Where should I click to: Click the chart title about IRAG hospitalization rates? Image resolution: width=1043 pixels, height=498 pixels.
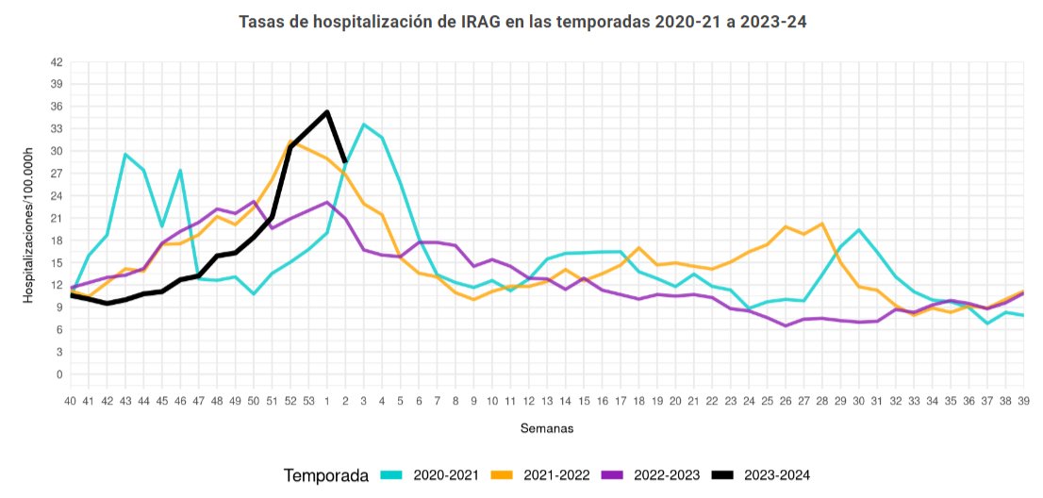tap(521, 21)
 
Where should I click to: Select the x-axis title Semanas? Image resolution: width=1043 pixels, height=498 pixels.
tap(546, 428)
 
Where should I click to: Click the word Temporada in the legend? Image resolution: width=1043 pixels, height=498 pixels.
tap(326, 476)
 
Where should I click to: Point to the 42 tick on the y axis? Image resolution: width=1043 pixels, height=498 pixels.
tap(56, 62)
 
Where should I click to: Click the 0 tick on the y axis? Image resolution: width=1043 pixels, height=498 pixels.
tap(59, 374)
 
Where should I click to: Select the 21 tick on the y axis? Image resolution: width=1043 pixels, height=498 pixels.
tap(56, 218)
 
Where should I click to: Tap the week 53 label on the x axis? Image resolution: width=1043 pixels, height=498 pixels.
tap(308, 401)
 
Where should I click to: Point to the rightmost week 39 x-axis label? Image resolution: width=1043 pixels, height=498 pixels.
tap(1023, 401)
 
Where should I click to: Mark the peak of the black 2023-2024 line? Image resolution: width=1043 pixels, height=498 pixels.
tap(326, 112)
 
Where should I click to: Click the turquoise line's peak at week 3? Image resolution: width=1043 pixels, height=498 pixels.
tap(363, 124)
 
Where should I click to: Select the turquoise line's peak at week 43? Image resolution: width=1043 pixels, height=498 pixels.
tap(125, 155)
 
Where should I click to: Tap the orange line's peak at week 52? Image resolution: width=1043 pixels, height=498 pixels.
tap(290, 142)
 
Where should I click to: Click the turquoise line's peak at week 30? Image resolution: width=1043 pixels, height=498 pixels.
tap(858, 230)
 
